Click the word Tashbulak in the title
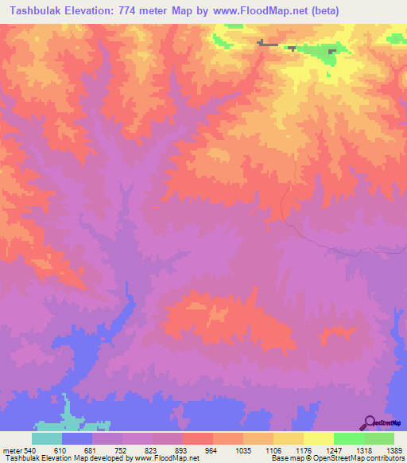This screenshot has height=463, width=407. coord(37,11)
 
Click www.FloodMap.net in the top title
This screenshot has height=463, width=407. coord(259,11)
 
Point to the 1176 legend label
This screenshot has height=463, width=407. coord(304,449)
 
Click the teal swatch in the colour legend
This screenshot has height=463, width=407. coord(46,438)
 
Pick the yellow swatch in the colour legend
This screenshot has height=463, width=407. coord(318,438)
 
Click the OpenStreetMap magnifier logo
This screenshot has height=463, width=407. coord(369,422)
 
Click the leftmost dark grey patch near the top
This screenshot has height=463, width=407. coord(267,44)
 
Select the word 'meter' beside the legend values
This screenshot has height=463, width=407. coord(10,449)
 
